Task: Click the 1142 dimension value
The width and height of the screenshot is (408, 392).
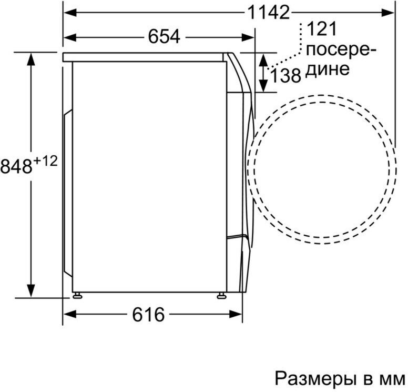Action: tap(269, 12)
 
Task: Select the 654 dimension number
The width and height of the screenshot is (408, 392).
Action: tap(164, 36)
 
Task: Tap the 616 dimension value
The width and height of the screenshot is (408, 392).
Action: tap(148, 314)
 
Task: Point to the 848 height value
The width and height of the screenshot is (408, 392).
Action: tap(16, 166)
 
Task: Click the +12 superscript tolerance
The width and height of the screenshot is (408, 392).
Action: tap(45, 161)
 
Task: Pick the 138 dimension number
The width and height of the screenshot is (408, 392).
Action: tap(285, 76)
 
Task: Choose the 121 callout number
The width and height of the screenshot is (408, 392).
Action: tap(322, 29)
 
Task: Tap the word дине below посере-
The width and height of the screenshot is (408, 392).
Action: tap(327, 69)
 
